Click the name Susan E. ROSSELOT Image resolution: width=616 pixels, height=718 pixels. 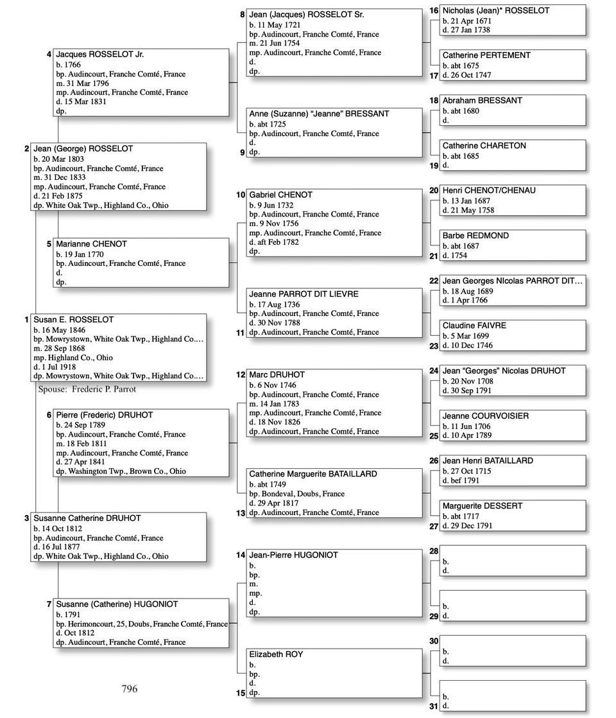pyautogui.click(x=74, y=320)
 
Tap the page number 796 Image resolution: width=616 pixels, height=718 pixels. pyautogui.click(x=130, y=689)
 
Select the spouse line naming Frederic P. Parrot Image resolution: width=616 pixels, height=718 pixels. pyautogui.click(x=87, y=389)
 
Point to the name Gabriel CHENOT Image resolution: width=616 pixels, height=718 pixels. pyautogui.click(x=280, y=195)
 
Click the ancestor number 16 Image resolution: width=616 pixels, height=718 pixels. pyautogui.click(x=434, y=11)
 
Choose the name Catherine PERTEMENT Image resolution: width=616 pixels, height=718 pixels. pyautogui.click(x=486, y=56)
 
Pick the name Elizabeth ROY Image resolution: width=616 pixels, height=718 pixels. pyautogui.click(x=276, y=654)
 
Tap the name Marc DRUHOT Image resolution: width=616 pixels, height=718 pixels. pyautogui.click(x=277, y=374)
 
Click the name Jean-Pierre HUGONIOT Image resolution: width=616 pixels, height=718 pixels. pyautogui.click(x=293, y=555)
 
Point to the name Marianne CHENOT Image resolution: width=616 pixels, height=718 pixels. pyautogui.click(x=91, y=244)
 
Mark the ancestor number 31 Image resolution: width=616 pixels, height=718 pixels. pyautogui.click(x=434, y=706)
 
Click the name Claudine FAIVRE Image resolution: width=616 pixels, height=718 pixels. pyautogui.click(x=474, y=326)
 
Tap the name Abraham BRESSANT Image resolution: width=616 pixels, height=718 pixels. pyautogui.click(x=482, y=101)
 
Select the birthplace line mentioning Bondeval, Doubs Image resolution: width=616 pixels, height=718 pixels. pyautogui.click(x=296, y=494)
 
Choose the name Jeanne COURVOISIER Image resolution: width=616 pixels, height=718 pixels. pyautogui.click(x=486, y=416)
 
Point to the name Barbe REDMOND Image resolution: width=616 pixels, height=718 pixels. pyautogui.click(x=475, y=236)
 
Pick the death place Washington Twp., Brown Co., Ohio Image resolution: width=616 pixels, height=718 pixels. pyautogui.click(x=121, y=471)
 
